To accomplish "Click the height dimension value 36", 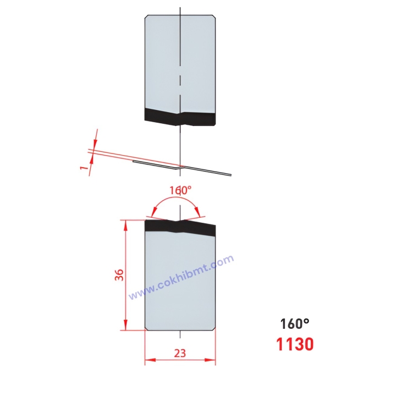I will pyautogui.click(x=118, y=275).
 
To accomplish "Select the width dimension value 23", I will pyautogui.click(x=180, y=354).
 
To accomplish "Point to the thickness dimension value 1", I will pyautogui.click(x=84, y=166).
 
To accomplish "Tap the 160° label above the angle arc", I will pyautogui.click(x=180, y=190).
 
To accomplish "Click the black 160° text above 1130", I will pyautogui.click(x=295, y=324).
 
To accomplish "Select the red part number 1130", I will pyautogui.click(x=295, y=344).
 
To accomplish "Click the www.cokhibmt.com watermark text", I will pyautogui.click(x=182, y=277).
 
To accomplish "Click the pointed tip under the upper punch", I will pyautogui.click(x=180, y=124).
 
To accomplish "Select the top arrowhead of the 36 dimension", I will pyautogui.click(x=126, y=223).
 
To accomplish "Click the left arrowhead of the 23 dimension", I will pyautogui.click(x=148, y=361).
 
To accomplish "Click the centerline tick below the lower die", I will pyautogui.click(x=180, y=334).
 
